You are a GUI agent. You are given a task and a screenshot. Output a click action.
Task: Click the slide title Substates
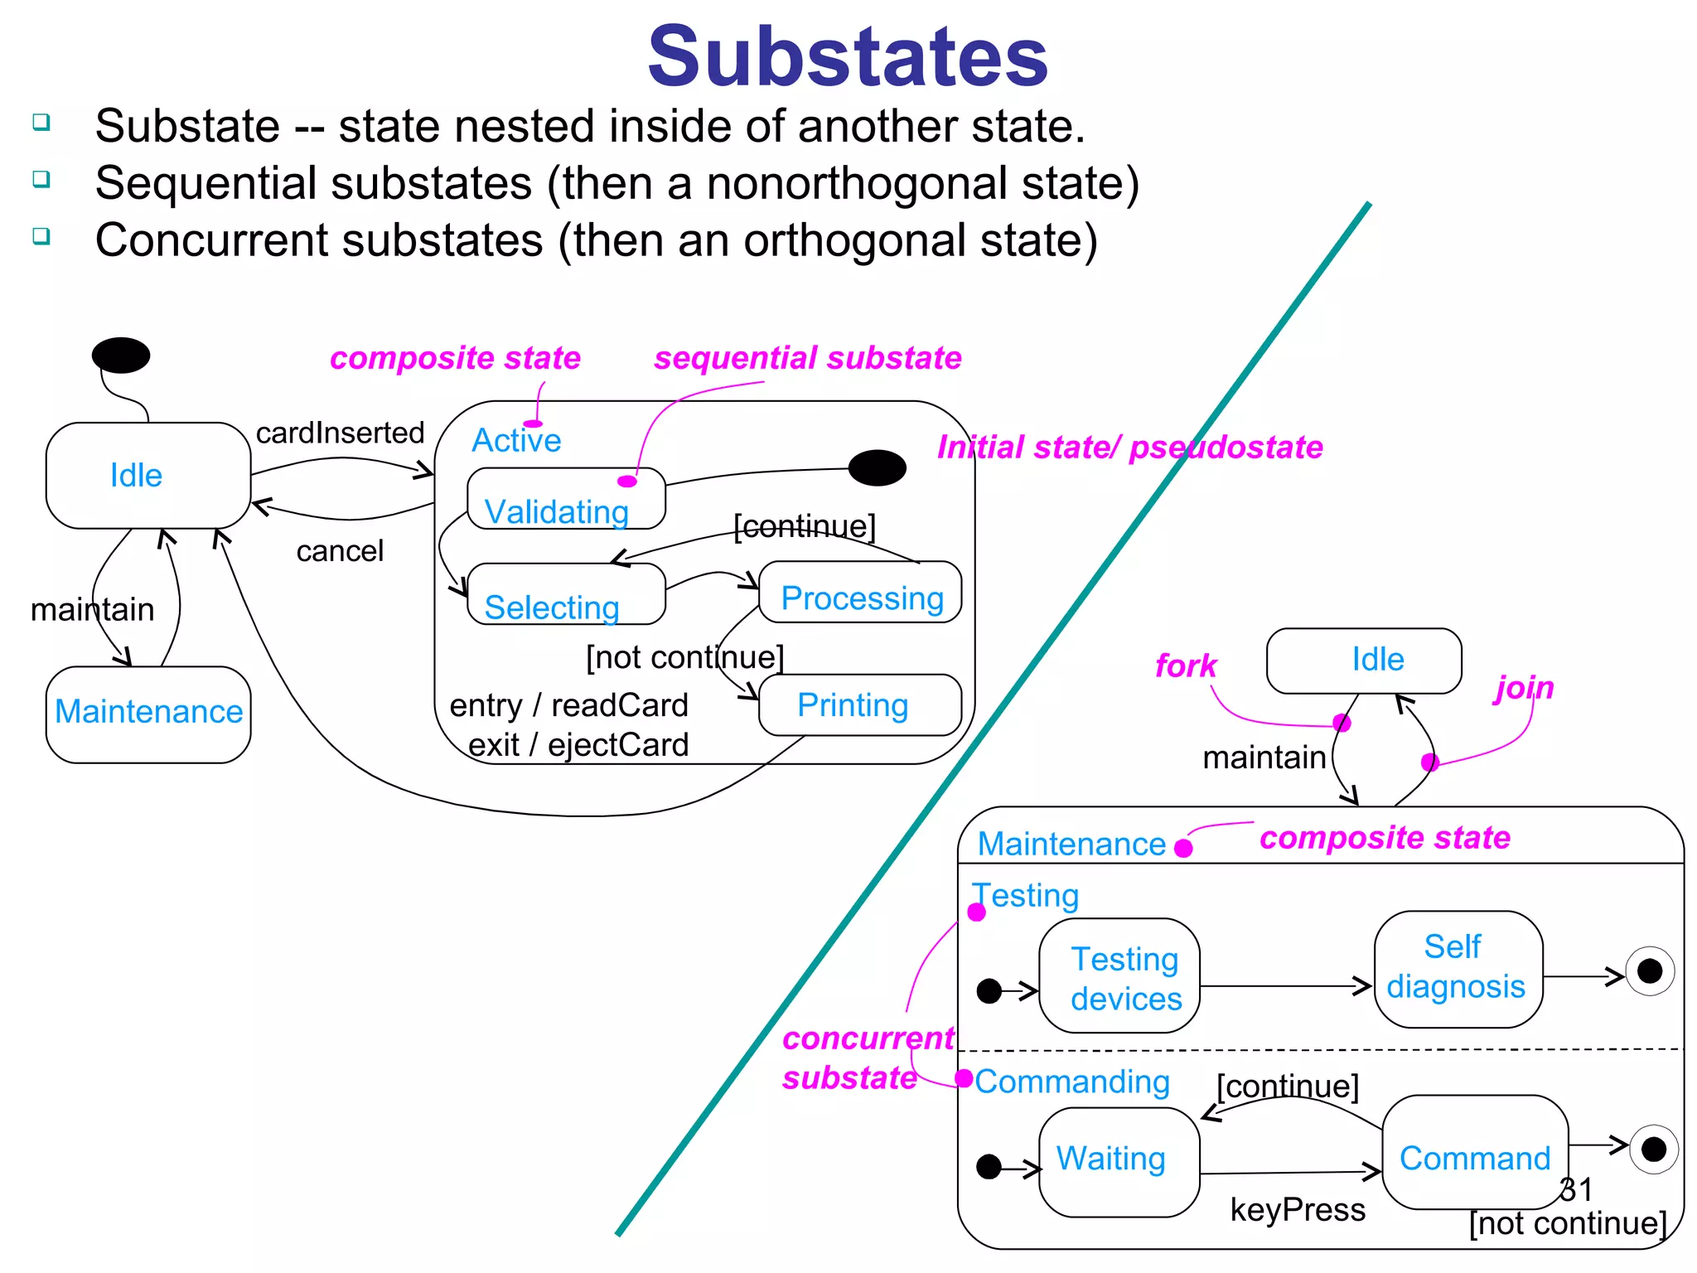(x=847, y=56)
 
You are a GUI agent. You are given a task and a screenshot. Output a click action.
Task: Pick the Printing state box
(x=859, y=705)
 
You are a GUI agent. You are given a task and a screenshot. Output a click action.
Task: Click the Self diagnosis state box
(x=1458, y=969)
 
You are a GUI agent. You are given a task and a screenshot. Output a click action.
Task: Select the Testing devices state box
(x=1119, y=976)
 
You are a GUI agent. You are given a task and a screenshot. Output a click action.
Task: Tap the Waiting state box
(x=1119, y=1161)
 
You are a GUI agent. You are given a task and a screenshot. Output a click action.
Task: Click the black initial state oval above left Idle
(x=121, y=355)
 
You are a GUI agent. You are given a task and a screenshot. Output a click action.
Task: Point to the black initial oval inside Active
(x=878, y=467)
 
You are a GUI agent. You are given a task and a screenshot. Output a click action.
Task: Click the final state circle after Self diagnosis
(x=1649, y=970)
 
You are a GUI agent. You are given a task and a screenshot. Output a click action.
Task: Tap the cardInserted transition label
(x=340, y=433)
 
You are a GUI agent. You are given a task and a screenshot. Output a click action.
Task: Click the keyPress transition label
(x=1297, y=1210)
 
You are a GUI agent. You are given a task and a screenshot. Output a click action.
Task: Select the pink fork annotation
(x=1186, y=666)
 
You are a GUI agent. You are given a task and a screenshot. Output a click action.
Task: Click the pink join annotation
(x=1524, y=688)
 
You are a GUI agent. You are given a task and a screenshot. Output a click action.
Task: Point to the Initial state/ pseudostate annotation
(x=1129, y=448)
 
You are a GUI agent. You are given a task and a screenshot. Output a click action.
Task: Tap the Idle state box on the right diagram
(x=1364, y=661)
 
